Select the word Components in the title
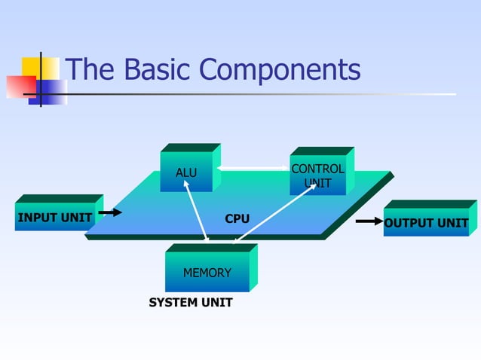pyautogui.click(x=280, y=72)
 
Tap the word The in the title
pyautogui.click(x=90, y=70)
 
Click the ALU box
pyautogui.click(x=186, y=172)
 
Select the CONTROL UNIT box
pyautogui.click(x=317, y=175)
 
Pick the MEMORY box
pyautogui.click(x=207, y=272)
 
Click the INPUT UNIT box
pyautogui.click(x=54, y=218)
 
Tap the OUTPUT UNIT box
pyautogui.click(x=426, y=223)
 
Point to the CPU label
pyautogui.click(x=237, y=218)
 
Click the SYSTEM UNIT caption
pyautogui.click(x=191, y=303)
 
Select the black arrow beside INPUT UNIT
pyautogui.click(x=111, y=213)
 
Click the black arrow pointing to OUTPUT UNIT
pyautogui.click(x=369, y=221)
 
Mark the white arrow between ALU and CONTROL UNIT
pyautogui.click(x=253, y=167)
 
